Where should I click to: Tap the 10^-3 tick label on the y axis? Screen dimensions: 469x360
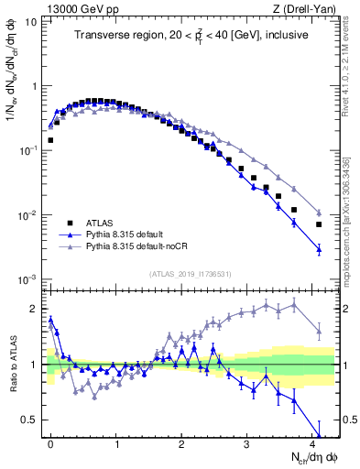(x=27, y=278)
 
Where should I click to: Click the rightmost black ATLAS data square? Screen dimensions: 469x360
(x=319, y=224)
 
